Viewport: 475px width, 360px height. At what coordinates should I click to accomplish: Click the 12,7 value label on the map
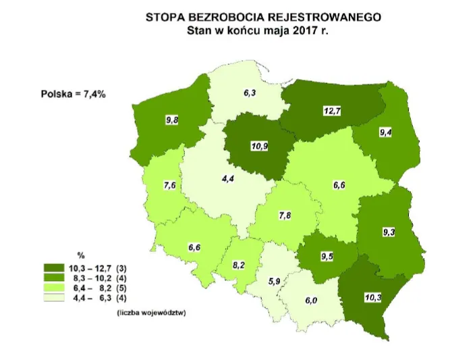pos(331,111)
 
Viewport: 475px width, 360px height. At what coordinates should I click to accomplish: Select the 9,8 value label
pos(173,120)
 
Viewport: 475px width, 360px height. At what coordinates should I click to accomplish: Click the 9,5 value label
pos(327,256)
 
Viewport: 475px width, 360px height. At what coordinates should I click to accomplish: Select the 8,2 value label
pos(239,265)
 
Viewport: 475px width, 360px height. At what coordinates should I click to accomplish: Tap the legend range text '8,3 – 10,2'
pos(103,278)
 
